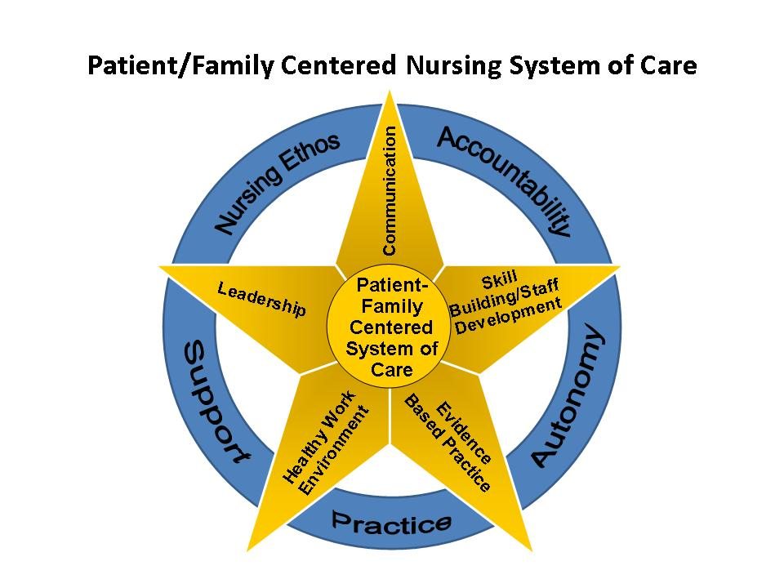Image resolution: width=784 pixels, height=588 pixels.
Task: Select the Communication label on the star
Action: pyautogui.click(x=390, y=189)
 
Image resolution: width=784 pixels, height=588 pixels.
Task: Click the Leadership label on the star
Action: pyautogui.click(x=261, y=299)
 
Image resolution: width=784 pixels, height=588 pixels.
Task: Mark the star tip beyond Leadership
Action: pyautogui.click(x=163, y=266)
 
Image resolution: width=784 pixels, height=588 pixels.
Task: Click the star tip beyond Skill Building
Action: pyautogui.click(x=617, y=266)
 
